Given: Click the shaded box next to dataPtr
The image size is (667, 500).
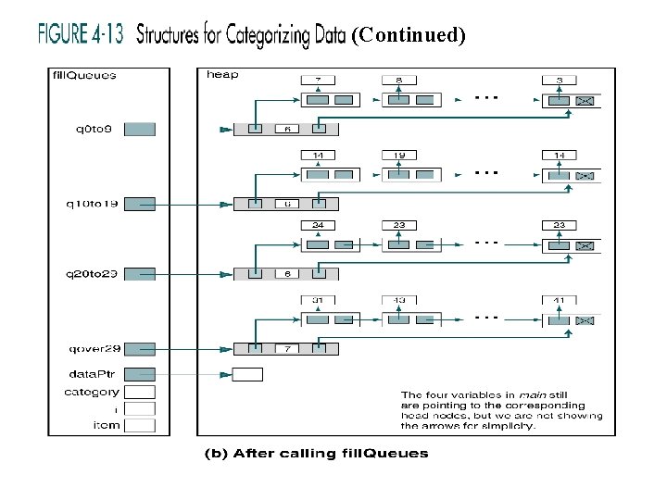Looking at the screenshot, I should coord(139,374).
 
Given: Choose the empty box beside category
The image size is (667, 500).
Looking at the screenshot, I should coord(139,392).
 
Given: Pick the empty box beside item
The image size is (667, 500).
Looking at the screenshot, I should coord(139,425).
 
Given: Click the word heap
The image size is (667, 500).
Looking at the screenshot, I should coord(221,75).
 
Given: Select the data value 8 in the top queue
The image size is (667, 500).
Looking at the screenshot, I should coord(399,81).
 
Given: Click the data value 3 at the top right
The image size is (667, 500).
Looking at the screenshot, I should coord(560,81).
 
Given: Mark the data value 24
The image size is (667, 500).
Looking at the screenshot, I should coord(318,225).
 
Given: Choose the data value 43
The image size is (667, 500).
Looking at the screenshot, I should coord(399,299).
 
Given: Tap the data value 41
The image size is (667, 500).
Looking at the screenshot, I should coord(560,299).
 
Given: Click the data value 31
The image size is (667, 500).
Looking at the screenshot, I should coord(318,299).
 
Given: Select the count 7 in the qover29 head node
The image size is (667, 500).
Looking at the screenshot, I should coord(287,349).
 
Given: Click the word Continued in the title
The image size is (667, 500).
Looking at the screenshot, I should coord(409,36).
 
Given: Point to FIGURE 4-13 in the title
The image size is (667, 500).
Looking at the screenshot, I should coord(80,35).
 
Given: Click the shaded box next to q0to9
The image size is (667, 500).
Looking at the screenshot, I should coord(139,130).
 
